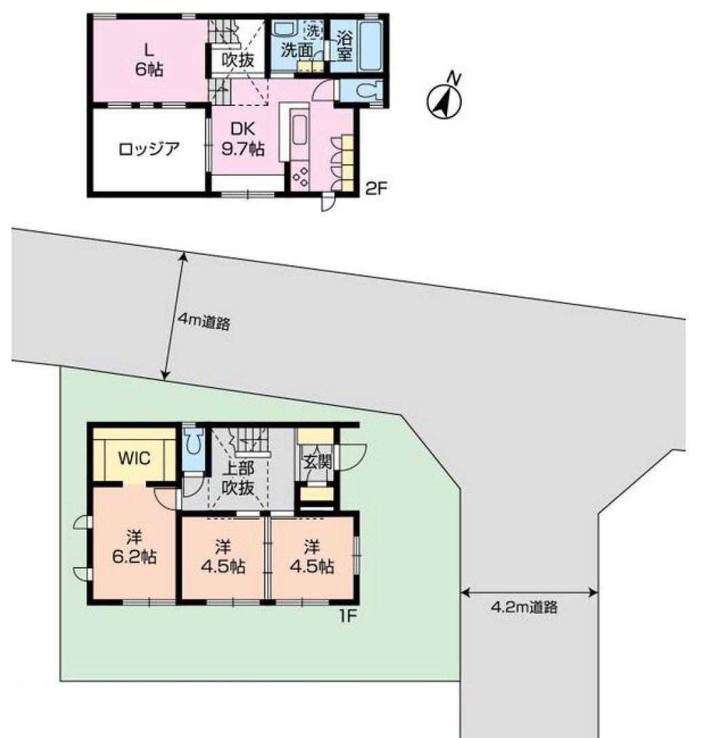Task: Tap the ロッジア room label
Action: point(149,149)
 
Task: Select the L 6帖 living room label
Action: point(149,60)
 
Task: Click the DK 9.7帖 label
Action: point(243,139)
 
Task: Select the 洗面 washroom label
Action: point(297,50)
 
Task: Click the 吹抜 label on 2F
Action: point(238,60)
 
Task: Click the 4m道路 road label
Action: point(203,322)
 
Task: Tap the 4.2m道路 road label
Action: point(524,607)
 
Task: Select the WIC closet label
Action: point(134,457)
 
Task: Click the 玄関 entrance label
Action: point(317,462)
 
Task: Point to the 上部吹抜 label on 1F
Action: point(238,478)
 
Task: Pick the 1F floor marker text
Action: point(348,616)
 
